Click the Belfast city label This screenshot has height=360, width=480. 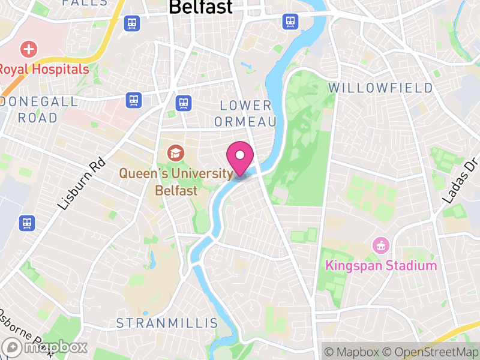pyautogui.click(x=200, y=7)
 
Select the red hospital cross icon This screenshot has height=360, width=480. pyautogui.click(x=28, y=49)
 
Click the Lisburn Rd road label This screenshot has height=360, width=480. pyautogui.click(x=82, y=184)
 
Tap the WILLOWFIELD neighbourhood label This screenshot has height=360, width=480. pyautogui.click(x=380, y=88)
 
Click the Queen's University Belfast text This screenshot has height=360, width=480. pyautogui.click(x=176, y=182)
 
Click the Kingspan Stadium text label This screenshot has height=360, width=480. pyautogui.click(x=381, y=265)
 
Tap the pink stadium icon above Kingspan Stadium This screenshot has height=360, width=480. pyautogui.click(x=381, y=245)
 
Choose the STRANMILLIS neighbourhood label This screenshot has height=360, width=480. pyautogui.click(x=167, y=323)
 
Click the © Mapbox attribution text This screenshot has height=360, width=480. pyautogui.click(x=352, y=351)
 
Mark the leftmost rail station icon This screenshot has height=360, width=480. pyautogui.click(x=27, y=223)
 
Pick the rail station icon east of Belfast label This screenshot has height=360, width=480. pyautogui.click(x=290, y=22)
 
